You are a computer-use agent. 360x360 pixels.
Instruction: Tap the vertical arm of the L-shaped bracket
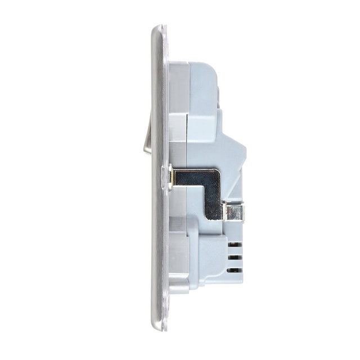coord(214,200)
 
